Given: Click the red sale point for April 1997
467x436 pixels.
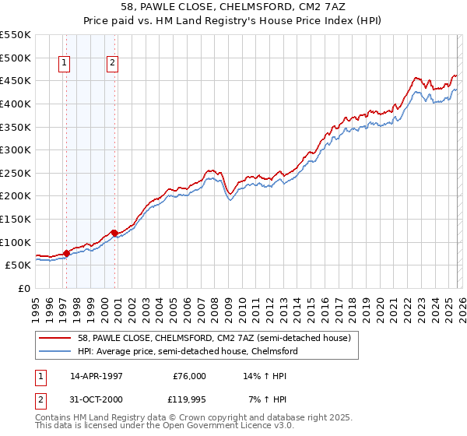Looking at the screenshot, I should [66, 253].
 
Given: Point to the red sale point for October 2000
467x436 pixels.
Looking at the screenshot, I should [114, 233].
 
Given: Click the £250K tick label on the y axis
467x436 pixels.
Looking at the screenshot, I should [15, 173].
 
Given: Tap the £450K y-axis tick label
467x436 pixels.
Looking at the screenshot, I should [15, 80].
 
